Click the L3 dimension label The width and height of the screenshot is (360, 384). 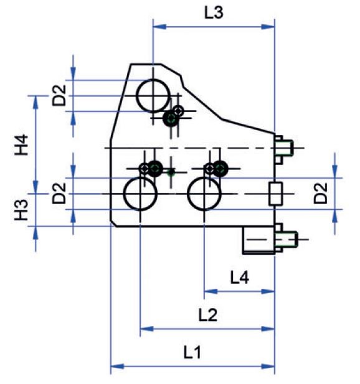tap(214, 13)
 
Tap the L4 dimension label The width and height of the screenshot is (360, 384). tap(239, 278)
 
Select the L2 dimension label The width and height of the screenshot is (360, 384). tap(207, 315)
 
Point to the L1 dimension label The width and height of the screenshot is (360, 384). tap(192, 353)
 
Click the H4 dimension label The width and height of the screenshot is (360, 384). tap(21, 144)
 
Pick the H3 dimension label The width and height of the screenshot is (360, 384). tap(21, 210)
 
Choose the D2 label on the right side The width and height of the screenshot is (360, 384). tap(321, 193)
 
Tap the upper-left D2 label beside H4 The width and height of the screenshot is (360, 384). tap(59, 95)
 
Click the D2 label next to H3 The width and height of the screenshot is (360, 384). tap(59, 193)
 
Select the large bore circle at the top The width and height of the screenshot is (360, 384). tap(153, 79)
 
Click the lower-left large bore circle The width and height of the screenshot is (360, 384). tap(140, 177)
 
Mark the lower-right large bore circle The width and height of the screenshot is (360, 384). tap(204, 177)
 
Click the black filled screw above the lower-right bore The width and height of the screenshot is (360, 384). tap(220, 169)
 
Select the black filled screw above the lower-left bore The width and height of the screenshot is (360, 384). tap(155, 169)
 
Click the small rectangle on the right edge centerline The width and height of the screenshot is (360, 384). tap(276, 194)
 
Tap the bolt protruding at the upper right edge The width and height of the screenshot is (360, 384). tap(284, 148)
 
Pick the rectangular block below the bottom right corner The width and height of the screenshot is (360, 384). tap(258, 240)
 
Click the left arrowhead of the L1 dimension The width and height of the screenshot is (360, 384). tap(117, 367)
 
